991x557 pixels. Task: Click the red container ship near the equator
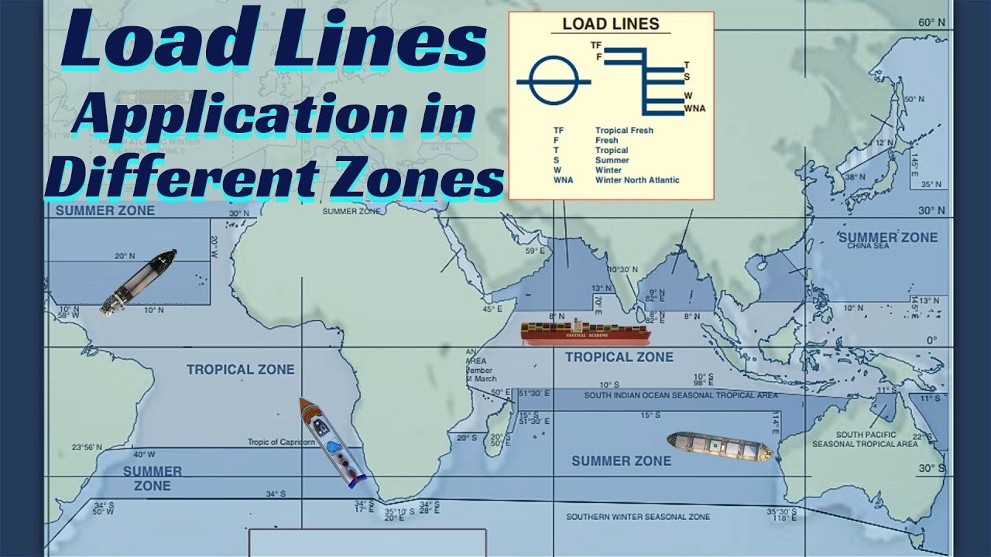[x=585, y=333]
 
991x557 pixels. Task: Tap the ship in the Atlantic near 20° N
[x=139, y=282]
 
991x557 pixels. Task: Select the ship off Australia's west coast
[x=719, y=446]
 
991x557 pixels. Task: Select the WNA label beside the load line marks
[x=694, y=109]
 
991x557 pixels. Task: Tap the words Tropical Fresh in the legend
[x=624, y=131]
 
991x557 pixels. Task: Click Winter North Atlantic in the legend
[x=637, y=180]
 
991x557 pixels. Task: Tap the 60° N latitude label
[x=931, y=23]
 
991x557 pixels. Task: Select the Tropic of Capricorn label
[x=281, y=443]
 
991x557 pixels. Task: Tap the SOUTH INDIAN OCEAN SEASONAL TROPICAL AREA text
[x=681, y=395]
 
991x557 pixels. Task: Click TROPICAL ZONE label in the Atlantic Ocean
[x=240, y=370]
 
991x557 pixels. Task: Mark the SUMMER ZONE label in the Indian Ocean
[x=621, y=461]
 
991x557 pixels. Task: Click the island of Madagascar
[x=499, y=425]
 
